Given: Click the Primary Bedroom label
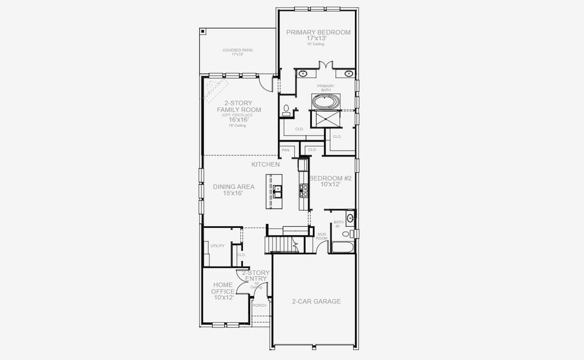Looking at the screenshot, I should tap(318, 32).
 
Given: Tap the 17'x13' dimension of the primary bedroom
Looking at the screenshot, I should tap(318, 38).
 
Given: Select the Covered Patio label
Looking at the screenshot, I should tap(237, 50).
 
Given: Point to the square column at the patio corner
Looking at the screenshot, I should tap(203, 31).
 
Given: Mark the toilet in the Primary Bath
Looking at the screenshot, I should tap(286, 110).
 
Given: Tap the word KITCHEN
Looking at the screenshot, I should tap(266, 164).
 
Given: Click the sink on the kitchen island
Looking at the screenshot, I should tap(278, 191).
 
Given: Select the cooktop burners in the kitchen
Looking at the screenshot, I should tap(304, 191).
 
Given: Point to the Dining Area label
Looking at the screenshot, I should tap(234, 187).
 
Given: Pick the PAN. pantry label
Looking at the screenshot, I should tap(286, 149).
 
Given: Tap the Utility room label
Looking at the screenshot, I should tap(218, 245).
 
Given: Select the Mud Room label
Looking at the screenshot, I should tap(322, 236).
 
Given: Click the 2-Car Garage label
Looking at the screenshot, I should tap(316, 301).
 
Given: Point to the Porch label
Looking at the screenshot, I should tap(259, 305).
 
